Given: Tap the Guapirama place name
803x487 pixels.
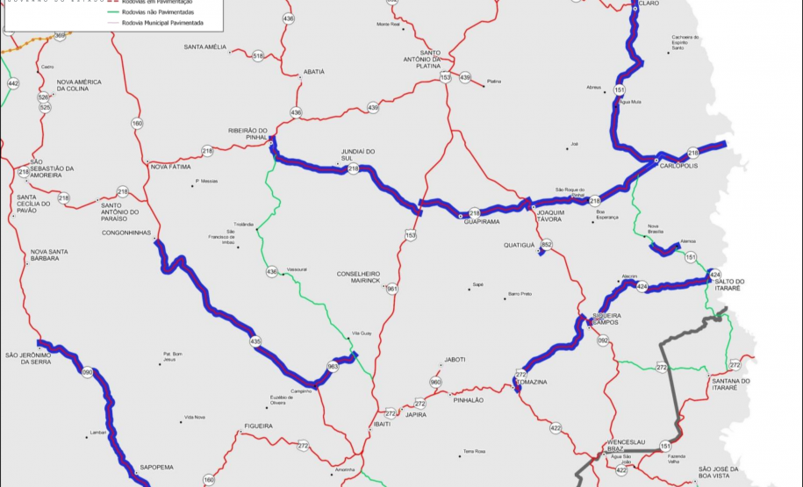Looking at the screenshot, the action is point(481,222).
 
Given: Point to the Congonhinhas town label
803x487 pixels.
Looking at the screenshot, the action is point(127,233).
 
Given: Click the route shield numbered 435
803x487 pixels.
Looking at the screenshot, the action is point(255,341).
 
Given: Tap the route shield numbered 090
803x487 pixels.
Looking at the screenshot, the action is point(87,373).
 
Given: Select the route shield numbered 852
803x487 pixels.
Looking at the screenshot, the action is point(547,245).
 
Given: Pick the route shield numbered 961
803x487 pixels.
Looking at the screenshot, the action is point(392,289).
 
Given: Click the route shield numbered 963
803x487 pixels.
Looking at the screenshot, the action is point(333,366).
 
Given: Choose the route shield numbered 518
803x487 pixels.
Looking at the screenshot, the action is point(258,55).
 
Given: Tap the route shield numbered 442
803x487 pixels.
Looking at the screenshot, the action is point(12,83).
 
